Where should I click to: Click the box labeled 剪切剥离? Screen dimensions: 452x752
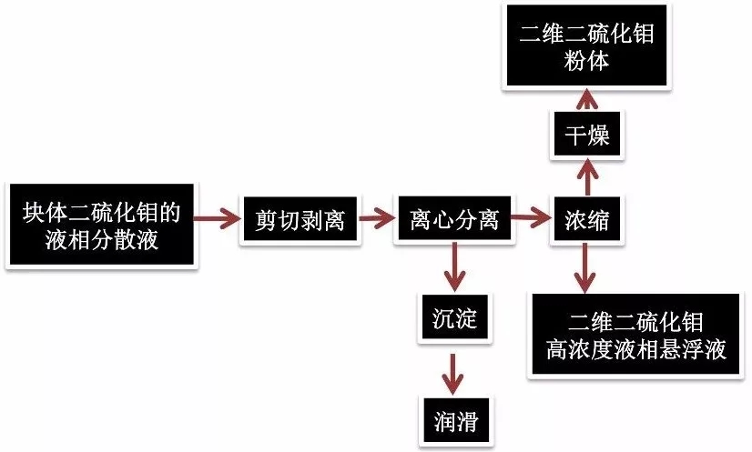[x=299, y=220]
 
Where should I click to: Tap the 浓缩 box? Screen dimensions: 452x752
[x=586, y=220]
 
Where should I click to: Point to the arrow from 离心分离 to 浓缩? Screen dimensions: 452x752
[x=529, y=219]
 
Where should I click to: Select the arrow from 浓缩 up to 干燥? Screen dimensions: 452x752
[x=586, y=176]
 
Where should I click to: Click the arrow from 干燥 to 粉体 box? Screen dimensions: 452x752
[x=586, y=100]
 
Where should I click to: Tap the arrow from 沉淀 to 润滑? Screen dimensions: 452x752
[x=452, y=369]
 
